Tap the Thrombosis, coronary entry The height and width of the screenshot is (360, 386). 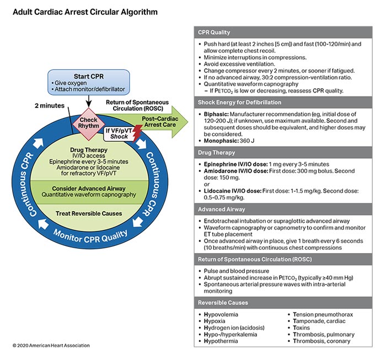pyautogui.click(x=319, y=341)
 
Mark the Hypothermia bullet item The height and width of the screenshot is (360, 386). pyautogui.click(x=219, y=341)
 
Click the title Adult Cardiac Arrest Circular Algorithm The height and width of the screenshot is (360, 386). pyautogui.click(x=86, y=11)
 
